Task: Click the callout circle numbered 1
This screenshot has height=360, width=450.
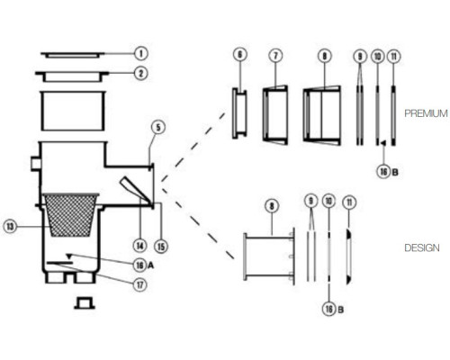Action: pos(141,54)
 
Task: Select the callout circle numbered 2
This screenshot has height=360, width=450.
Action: pos(141,73)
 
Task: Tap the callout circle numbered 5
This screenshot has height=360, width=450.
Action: pos(158,127)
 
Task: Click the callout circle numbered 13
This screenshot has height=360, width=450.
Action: pos(11,227)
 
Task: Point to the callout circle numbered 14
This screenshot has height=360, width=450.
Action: pos(140,247)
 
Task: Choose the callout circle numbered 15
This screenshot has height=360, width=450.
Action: pos(161,247)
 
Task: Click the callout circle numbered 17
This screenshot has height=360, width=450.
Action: pos(140,284)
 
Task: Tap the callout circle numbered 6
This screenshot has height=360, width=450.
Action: pos(239,55)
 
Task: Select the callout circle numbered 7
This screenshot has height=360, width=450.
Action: pos(276,55)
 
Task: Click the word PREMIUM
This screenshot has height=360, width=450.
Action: pos(426,113)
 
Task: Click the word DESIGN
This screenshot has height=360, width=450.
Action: pos(422,247)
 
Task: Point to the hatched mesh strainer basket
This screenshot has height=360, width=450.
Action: pos(70,215)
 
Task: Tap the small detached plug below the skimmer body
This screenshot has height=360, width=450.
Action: pos(85,303)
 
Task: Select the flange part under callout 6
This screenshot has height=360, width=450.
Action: pos(239,113)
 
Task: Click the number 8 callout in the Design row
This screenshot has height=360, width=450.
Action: pos(272,206)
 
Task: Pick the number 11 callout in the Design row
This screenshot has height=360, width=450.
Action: pos(349,202)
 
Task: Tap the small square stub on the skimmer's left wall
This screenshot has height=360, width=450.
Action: pos(36,164)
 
